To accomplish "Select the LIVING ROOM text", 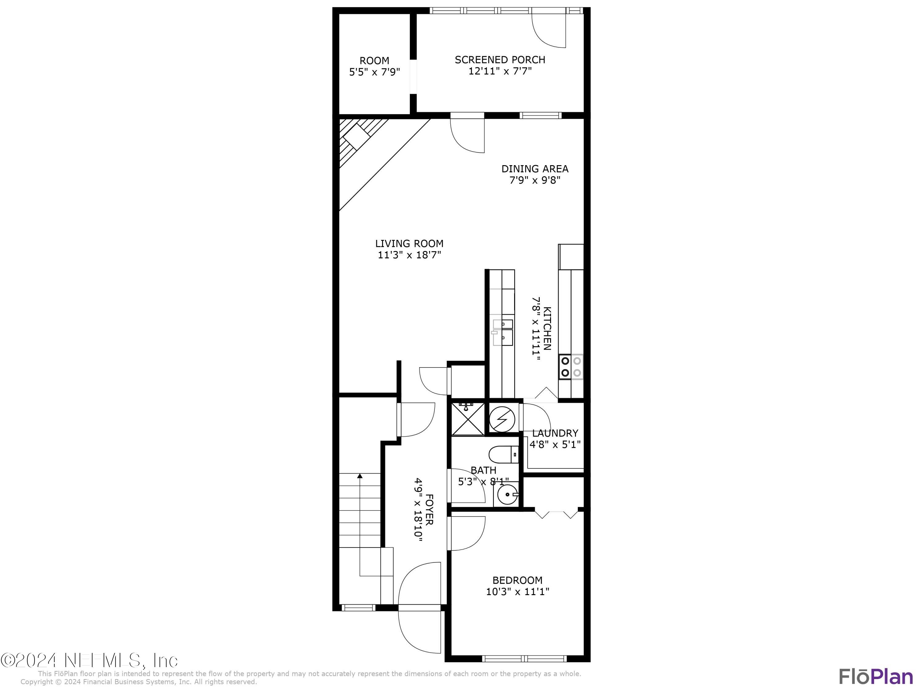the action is coord(409,244).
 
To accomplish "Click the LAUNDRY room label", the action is coord(555,433).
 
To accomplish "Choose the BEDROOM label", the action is coord(517,580).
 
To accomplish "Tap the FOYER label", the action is coord(429,509).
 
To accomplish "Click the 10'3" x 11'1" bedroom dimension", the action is coord(517,591).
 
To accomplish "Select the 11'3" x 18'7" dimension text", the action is coord(409,255).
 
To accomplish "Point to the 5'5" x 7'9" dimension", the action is coord(374,72).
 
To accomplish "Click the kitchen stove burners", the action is coord(571,367).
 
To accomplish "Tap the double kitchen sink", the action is coord(503,332).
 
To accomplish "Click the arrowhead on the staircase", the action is coord(360,475).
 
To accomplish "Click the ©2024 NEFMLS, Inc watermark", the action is coord(89,660).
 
